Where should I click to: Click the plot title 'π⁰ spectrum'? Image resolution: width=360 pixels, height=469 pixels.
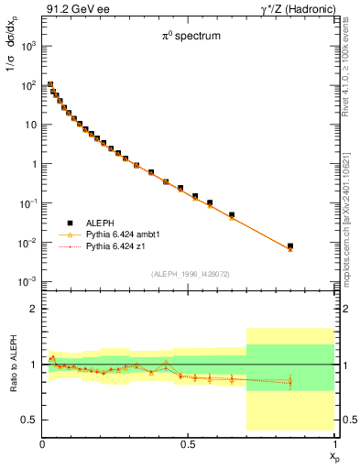[x=180, y=38]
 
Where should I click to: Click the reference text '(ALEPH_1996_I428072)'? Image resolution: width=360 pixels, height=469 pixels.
[x=190, y=273]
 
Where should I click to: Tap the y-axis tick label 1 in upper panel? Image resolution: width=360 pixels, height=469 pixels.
[x=32, y=164]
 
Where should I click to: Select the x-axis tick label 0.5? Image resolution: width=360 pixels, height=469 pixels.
[x=188, y=442]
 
